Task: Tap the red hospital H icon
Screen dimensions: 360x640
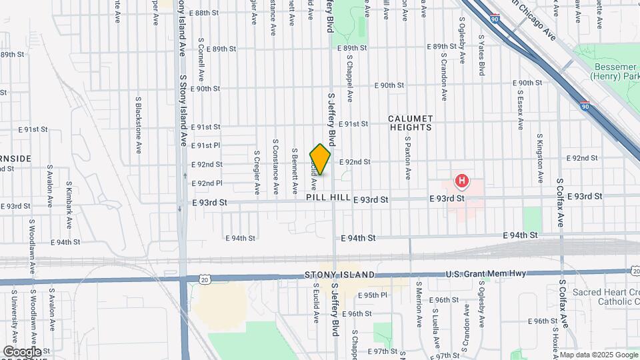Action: [x=461, y=181]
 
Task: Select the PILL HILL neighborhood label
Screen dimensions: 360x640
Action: [x=329, y=198]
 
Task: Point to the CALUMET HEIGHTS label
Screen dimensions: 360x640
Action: [x=410, y=122]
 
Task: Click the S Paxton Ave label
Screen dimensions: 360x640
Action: [x=408, y=158]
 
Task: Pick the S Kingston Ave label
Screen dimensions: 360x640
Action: [x=539, y=158]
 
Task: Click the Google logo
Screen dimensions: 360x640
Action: [x=22, y=351]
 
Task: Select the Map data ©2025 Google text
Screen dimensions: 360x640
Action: [x=599, y=355]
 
